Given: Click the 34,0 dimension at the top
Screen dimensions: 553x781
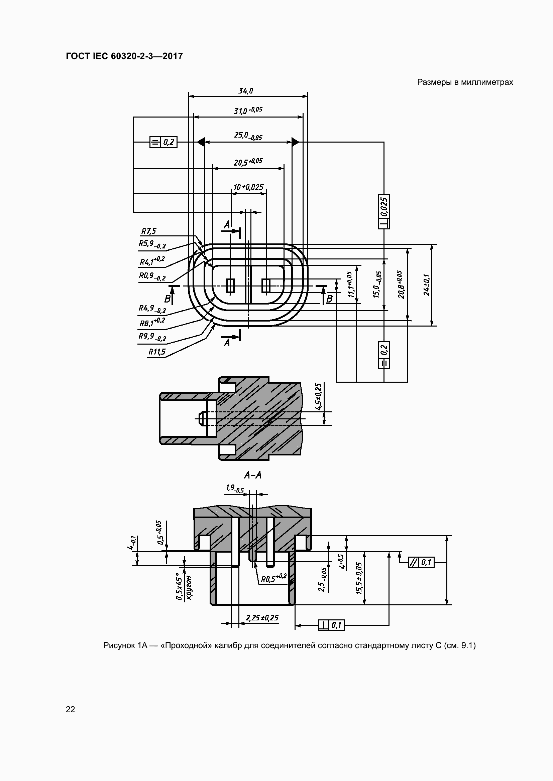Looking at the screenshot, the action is tap(245, 91).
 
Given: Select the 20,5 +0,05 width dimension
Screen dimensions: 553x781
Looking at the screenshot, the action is tap(248, 162).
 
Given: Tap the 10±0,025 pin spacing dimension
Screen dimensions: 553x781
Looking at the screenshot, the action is tap(248, 187).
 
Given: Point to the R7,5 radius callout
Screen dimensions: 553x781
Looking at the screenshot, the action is tap(148, 231).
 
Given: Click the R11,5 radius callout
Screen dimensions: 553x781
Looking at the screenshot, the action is tap(156, 352).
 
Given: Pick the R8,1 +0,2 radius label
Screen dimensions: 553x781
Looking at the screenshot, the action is tap(152, 322).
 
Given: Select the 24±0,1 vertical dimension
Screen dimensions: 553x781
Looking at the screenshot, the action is tap(426, 285).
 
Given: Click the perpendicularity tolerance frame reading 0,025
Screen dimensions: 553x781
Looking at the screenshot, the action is tap(384, 212).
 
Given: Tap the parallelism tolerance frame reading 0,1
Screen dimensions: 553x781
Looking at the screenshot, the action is tap(421, 563).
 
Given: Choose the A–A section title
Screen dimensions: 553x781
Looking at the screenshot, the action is tap(253, 475).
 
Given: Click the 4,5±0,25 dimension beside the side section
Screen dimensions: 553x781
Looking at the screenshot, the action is tap(318, 397).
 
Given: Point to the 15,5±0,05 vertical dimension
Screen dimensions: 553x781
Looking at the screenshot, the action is tap(359, 578).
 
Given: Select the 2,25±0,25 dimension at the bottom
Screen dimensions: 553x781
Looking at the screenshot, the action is tap(262, 617).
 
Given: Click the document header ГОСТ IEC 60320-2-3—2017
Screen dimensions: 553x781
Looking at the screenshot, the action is tap(124, 56).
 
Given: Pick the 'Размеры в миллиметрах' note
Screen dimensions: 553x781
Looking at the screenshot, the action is tap(465, 82).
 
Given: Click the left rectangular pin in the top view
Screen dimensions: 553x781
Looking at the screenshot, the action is tap(230, 285).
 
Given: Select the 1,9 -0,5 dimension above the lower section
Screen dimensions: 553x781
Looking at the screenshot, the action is tap(235, 489).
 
